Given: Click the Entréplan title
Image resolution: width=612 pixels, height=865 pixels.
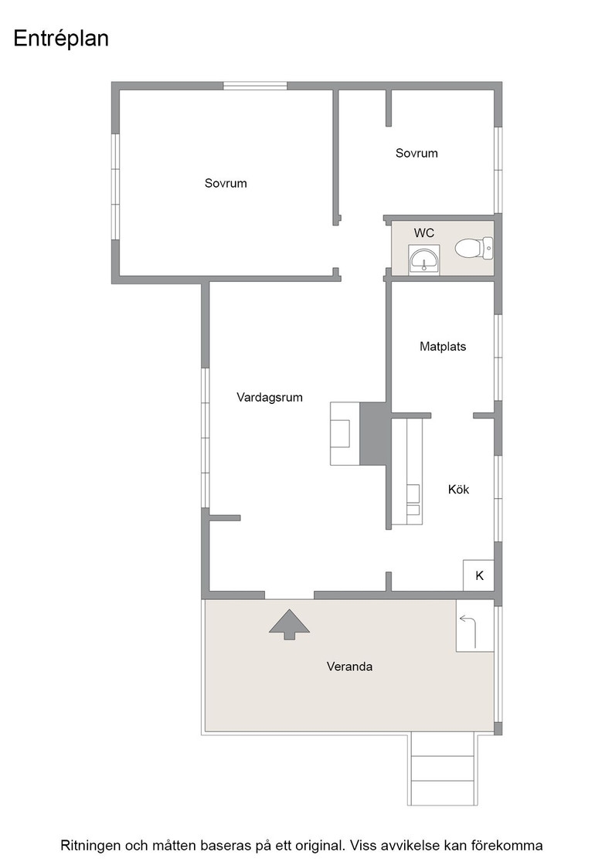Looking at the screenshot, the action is pos(61,39).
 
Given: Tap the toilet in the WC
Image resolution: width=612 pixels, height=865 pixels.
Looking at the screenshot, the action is pos(474,248).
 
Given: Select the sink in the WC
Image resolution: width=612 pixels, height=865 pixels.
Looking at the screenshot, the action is pos(423,260).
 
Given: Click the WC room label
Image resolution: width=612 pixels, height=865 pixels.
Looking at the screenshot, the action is pos(423,232).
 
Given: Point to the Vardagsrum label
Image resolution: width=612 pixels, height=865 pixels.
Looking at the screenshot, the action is pos(270,397).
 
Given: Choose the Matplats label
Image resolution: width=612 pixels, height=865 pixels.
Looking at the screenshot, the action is pos(443,347).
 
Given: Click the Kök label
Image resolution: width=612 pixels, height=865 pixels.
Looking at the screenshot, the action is pos(458,490).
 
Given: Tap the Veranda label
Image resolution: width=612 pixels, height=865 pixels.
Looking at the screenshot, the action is pos(349,667).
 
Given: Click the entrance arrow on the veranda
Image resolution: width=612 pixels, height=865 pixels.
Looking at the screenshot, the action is pos(289,625).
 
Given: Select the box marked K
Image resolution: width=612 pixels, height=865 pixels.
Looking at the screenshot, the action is pos(478,575).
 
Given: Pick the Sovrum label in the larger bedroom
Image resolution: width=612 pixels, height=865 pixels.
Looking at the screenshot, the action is pos(226,183).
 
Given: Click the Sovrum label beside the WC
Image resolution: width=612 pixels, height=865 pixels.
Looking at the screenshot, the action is pos(416,154).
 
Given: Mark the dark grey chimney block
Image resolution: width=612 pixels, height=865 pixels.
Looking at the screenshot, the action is pos(373,433).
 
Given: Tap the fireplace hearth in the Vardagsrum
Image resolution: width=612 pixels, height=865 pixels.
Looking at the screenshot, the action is pos(345,433).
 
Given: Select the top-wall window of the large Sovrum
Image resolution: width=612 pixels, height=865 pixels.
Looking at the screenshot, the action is pos(255,86).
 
